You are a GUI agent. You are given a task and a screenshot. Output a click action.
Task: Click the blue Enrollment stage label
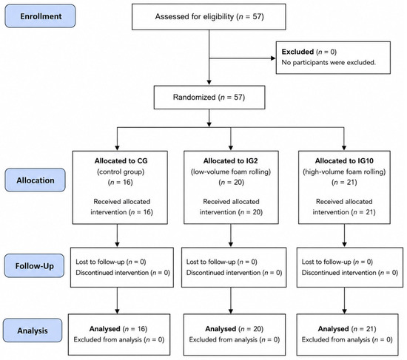[40, 16]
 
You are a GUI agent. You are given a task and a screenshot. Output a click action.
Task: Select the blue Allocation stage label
[36, 180]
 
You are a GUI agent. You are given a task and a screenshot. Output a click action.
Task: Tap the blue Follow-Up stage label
[34, 266]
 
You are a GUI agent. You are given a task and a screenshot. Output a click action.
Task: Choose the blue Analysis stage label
[33, 330]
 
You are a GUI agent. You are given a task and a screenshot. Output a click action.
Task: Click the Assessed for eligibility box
[209, 17]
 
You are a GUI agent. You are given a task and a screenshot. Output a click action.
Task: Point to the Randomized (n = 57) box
[209, 98]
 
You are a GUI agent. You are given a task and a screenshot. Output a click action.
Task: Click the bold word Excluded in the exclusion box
[297, 52]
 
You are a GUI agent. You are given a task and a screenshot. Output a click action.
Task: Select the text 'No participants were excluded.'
[329, 63]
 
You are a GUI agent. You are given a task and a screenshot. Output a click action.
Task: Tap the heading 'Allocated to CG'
[121, 161]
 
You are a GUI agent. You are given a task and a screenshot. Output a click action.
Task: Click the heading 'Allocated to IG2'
[230, 161]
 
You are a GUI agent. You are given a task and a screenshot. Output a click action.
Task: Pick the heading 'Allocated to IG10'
[344, 161]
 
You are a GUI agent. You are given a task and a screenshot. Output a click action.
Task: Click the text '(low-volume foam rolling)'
[231, 171]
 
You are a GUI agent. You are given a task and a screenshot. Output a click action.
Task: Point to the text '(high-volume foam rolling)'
[344, 171]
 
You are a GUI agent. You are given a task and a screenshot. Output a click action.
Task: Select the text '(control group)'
[121, 171]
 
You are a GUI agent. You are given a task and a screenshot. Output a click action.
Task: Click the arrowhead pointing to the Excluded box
[273, 58]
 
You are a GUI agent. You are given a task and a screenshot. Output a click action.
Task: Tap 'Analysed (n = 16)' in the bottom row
[118, 329]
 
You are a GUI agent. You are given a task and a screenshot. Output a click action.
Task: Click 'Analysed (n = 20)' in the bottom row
[234, 329]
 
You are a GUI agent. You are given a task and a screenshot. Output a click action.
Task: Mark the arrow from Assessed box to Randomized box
[209, 58]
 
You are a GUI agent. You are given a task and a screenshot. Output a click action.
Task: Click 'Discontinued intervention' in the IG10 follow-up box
[339, 273]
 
